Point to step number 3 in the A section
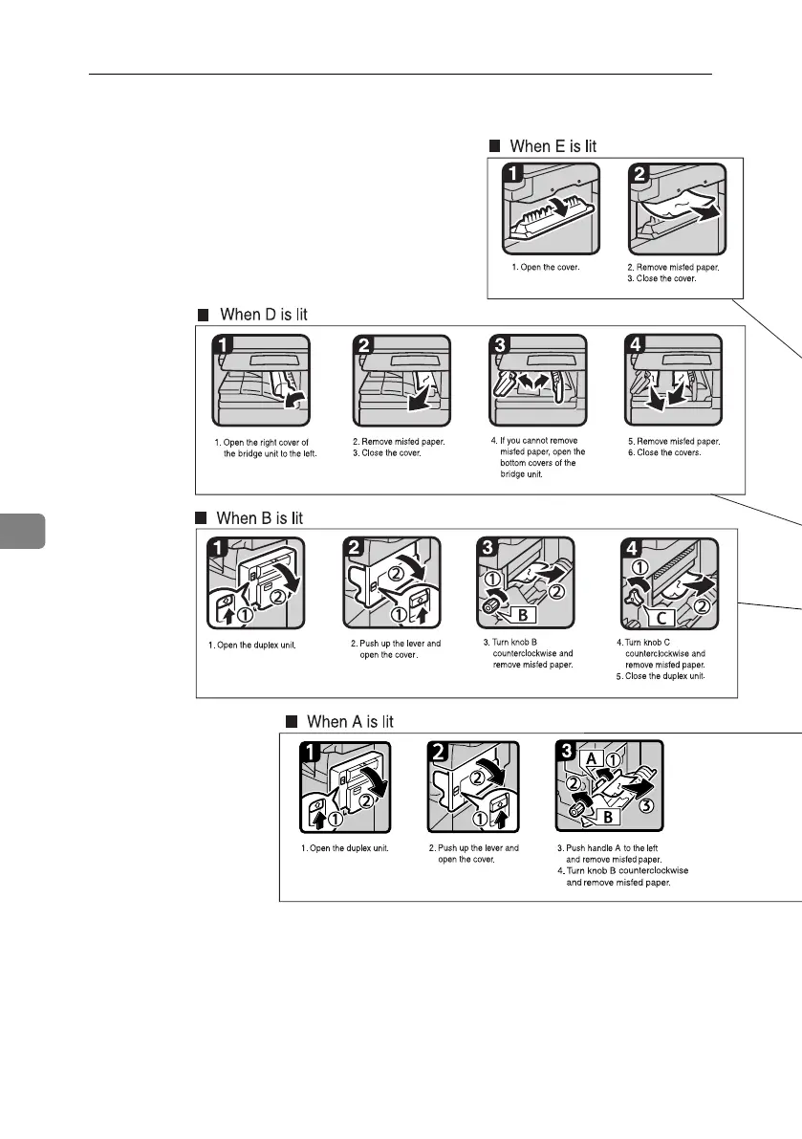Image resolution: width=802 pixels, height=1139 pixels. point(568,753)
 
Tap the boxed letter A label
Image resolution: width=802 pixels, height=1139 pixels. point(593,757)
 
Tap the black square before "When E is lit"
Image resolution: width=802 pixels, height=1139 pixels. point(494,146)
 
